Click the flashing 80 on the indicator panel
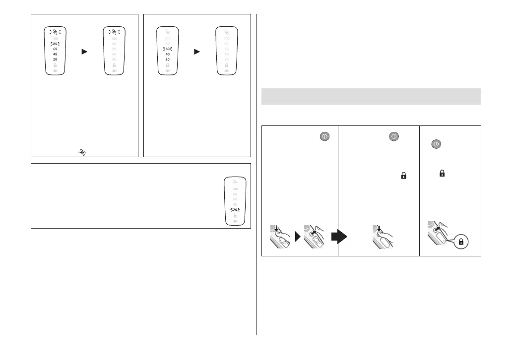tap(55, 44)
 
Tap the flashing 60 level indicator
tap(168, 49)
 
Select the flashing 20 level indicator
tap(235, 210)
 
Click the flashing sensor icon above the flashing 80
tap(55, 32)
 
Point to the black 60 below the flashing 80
tap(55, 49)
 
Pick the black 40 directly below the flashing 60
tap(168, 54)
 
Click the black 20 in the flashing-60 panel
tap(168, 59)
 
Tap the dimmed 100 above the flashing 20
tap(235, 188)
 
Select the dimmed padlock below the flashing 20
tap(235, 216)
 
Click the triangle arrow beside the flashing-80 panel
tap(84, 51)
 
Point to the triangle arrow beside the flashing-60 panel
tap(196, 51)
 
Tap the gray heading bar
tap(371, 96)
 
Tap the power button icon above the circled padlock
tap(436, 144)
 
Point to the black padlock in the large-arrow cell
tap(403, 175)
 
